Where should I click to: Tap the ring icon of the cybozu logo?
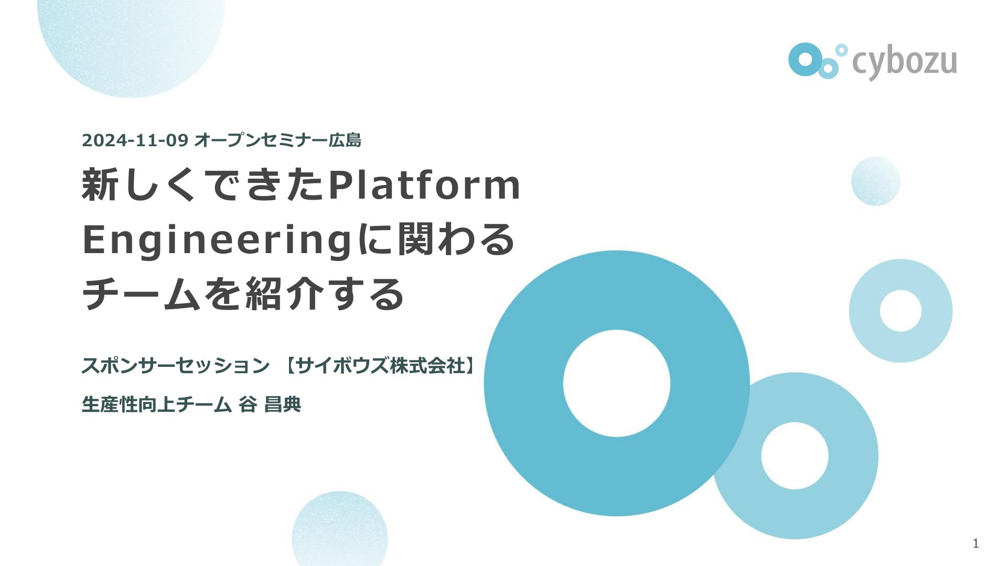[802, 59]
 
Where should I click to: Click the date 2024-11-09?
[135, 140]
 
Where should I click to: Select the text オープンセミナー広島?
[278, 140]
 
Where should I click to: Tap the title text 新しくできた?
[204, 184]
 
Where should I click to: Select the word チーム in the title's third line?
[141, 294]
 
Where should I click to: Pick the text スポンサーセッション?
[176, 365]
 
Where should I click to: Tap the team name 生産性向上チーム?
[157, 405]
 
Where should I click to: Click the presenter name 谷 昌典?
[270, 405]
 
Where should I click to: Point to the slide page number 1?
[976, 543]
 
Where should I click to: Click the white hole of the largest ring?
[617, 383]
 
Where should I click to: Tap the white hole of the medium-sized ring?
[795, 456]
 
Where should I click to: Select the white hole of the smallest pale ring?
[901, 311]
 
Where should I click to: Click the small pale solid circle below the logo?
[876, 181]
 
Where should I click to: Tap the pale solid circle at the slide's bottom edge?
[340, 529]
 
